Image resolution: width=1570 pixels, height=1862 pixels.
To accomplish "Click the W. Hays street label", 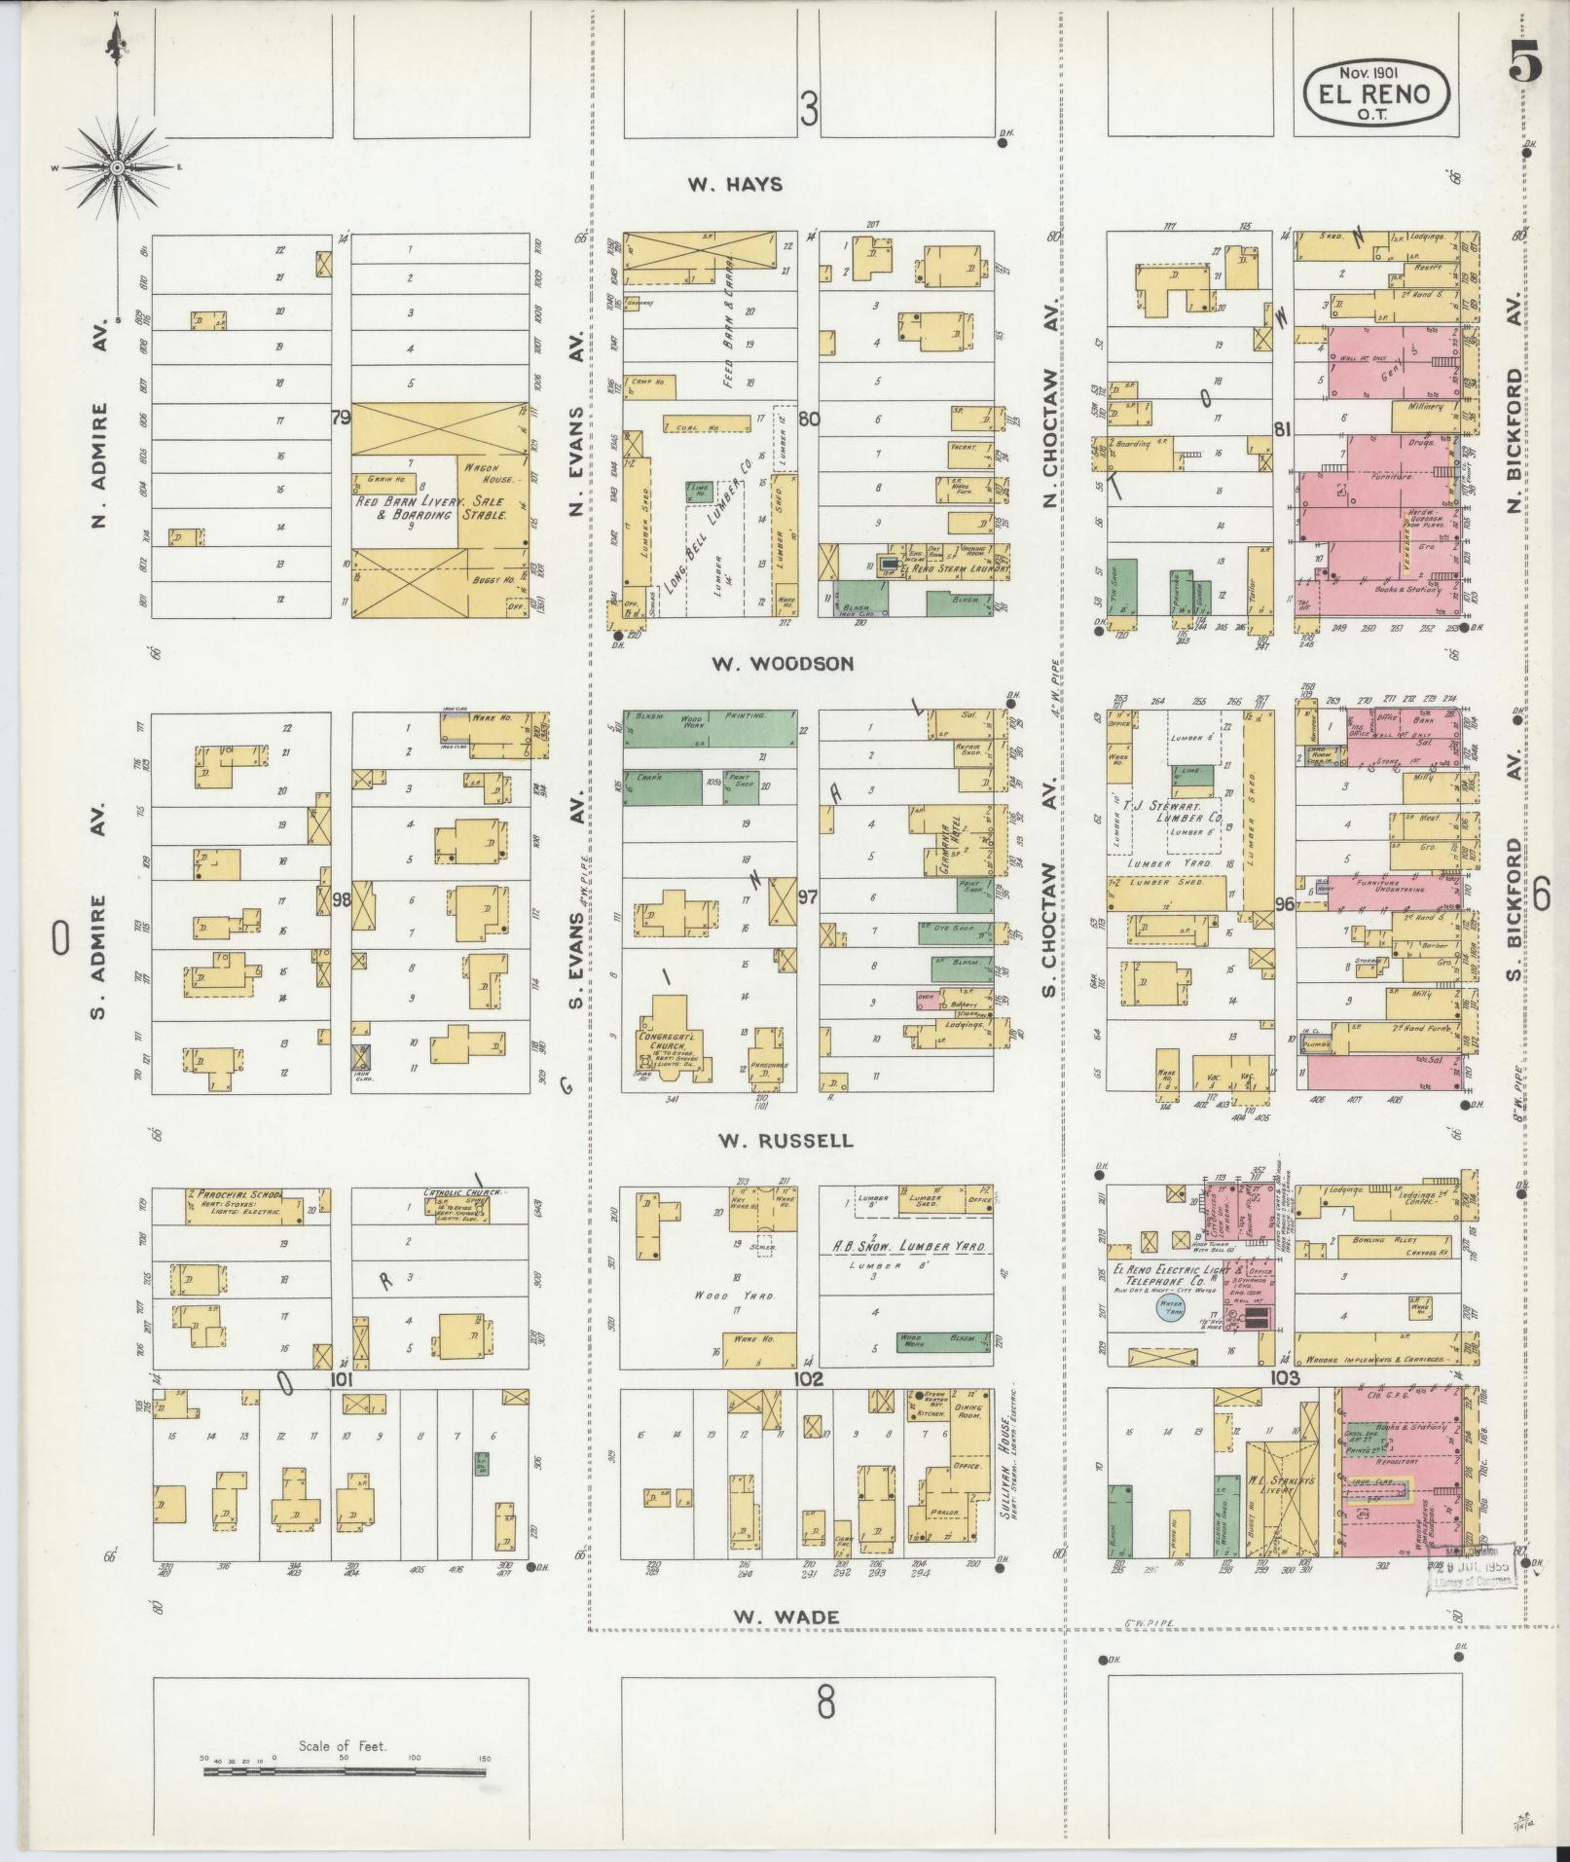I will [x=735, y=184].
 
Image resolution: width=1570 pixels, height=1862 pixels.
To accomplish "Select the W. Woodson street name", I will [x=783, y=664].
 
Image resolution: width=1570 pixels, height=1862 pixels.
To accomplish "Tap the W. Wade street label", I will [x=785, y=1617].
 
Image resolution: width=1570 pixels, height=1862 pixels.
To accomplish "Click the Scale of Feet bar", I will [x=345, y=1771].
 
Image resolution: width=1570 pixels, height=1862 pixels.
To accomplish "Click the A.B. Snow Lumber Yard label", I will [x=906, y=1247].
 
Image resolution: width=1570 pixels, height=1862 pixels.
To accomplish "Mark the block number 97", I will [x=808, y=896].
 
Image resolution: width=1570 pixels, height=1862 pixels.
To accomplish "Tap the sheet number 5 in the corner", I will [x=1525, y=64].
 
